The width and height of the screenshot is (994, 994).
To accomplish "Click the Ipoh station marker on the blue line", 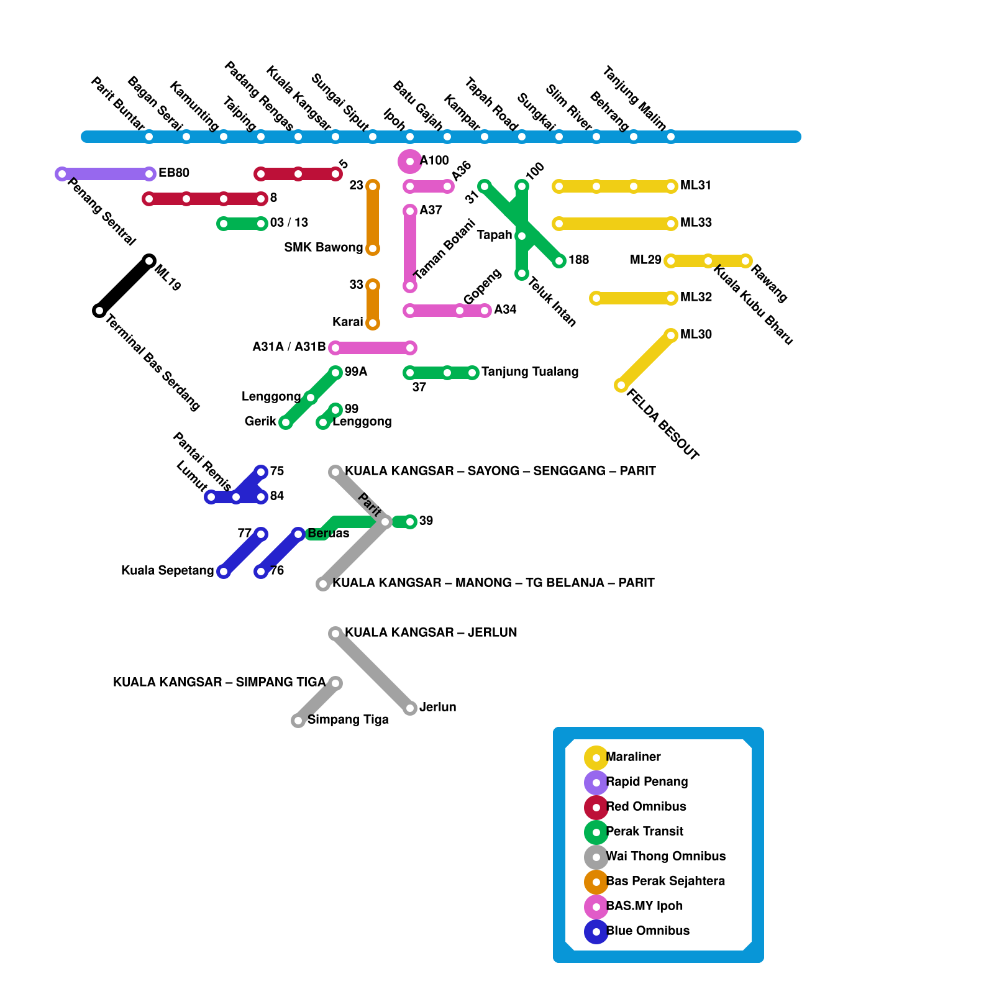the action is click(x=410, y=137).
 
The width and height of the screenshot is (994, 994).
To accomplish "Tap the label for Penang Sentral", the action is click(x=101, y=212).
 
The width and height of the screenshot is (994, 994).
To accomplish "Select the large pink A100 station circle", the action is click(x=410, y=162).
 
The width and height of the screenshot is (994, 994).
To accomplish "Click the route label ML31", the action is click(x=696, y=185).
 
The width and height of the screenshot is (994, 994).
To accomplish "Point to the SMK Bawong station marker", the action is click(x=373, y=248).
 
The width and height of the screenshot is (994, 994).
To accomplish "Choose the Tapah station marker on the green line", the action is click(x=522, y=236).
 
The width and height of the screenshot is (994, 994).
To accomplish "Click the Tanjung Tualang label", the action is click(x=530, y=372).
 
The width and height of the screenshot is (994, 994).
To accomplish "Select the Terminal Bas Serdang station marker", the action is click(x=99, y=311).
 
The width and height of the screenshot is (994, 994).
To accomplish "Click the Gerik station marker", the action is click(x=286, y=422).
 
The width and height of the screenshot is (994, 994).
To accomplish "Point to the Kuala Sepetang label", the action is click(x=168, y=570).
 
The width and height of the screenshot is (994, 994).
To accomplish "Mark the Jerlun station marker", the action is click(x=410, y=708).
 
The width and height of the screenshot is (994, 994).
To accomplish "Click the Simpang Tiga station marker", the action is click(x=298, y=721).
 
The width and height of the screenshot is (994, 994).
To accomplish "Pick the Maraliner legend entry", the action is click(x=633, y=757).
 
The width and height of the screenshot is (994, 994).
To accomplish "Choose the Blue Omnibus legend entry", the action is click(x=647, y=931).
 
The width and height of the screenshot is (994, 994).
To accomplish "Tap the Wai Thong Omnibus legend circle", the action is click(x=596, y=857).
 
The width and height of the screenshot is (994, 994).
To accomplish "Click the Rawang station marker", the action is click(x=745, y=261).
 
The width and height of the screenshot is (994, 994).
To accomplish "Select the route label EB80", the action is click(x=174, y=173).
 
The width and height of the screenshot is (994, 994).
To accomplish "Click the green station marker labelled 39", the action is click(x=410, y=522).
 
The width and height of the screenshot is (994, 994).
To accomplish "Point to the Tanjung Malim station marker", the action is click(x=671, y=137).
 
